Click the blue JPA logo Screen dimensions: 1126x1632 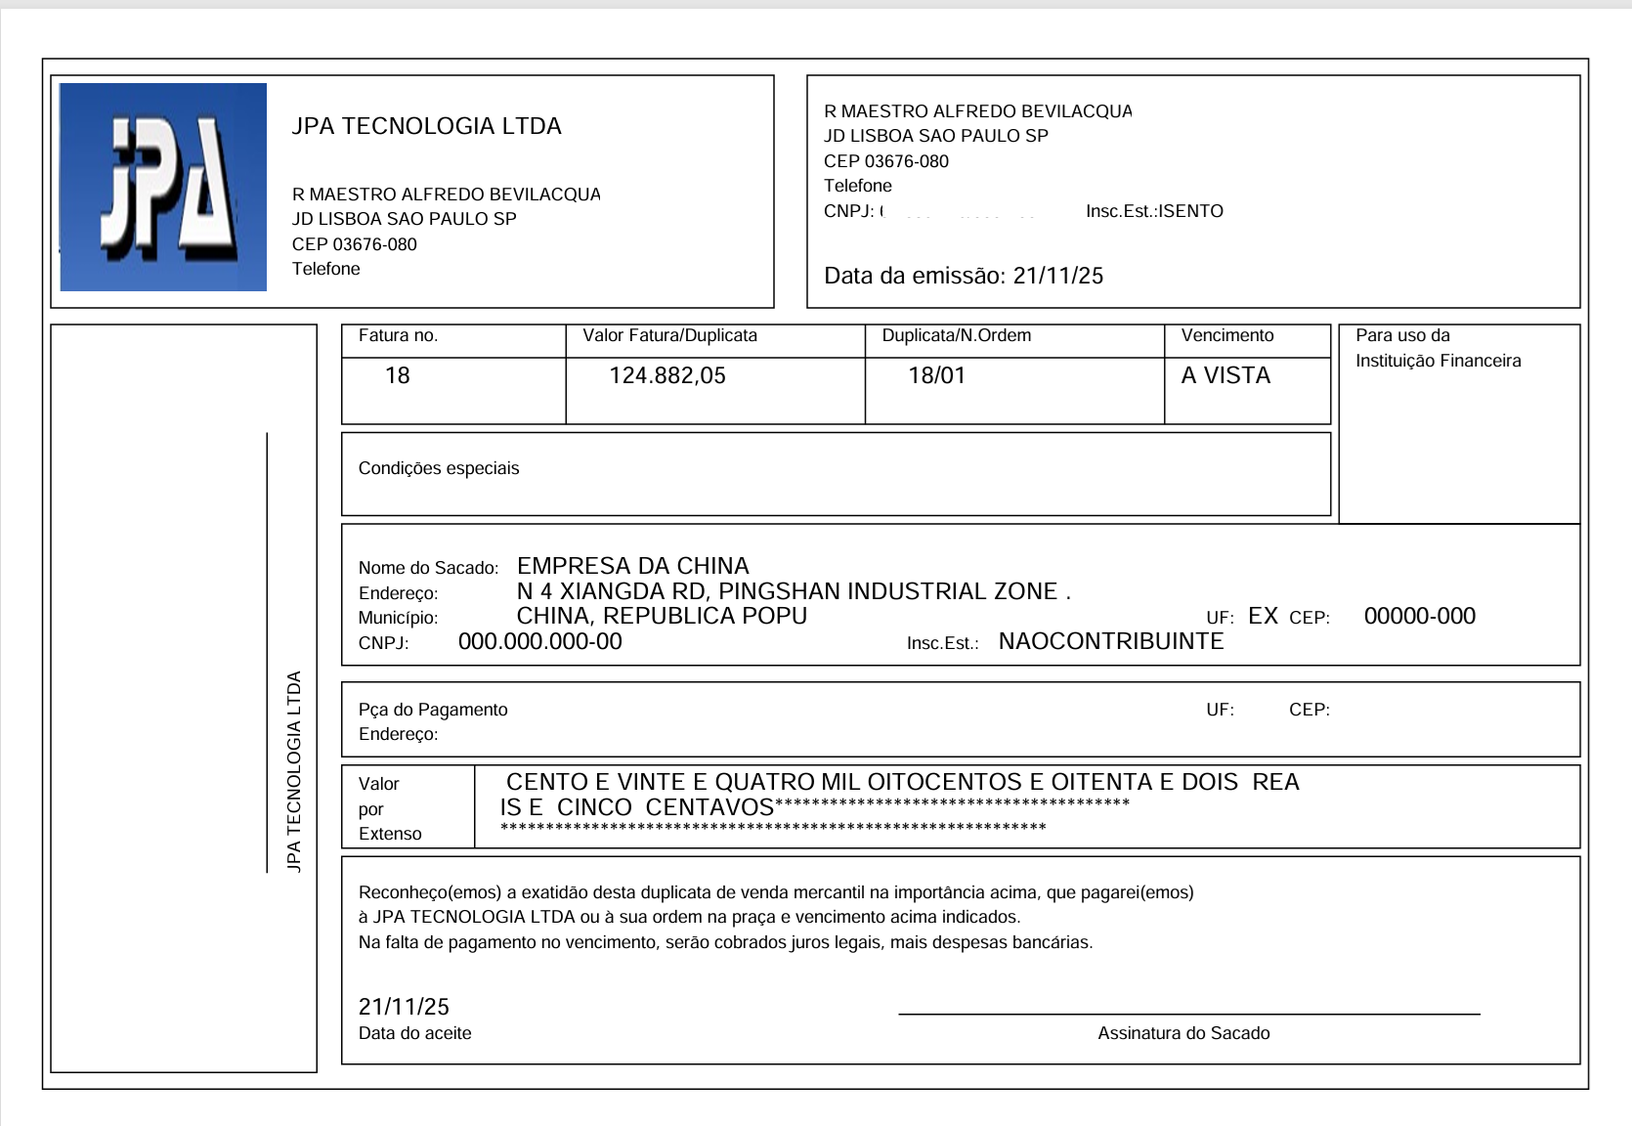click(x=163, y=187)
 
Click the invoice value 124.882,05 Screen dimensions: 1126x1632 click(x=667, y=375)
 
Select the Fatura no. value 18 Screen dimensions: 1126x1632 click(x=397, y=375)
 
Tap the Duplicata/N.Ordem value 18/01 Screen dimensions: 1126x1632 click(x=936, y=375)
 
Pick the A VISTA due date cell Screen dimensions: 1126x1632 click(x=1225, y=375)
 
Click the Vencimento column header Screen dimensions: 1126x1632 click(x=1227, y=335)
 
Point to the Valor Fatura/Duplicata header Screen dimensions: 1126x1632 click(x=669, y=335)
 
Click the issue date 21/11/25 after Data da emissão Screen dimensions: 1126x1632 click(x=1057, y=276)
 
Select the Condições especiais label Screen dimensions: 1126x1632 click(x=439, y=468)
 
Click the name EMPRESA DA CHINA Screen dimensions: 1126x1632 click(x=632, y=566)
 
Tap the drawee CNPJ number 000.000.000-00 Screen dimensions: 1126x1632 click(x=539, y=641)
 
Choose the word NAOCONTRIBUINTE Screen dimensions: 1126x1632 click(x=1110, y=641)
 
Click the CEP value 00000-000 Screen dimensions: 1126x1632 click(x=1419, y=616)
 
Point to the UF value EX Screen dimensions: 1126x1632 click(x=1263, y=616)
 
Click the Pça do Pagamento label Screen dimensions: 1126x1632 click(x=433, y=710)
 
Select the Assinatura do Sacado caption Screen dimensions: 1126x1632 click(x=1183, y=1033)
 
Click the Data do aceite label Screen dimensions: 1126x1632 click(x=414, y=1033)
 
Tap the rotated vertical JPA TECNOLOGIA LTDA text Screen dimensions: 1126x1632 click(x=294, y=771)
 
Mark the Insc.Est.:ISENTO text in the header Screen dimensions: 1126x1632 click(x=1154, y=211)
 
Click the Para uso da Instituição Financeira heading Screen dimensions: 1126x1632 click(x=1437, y=348)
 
